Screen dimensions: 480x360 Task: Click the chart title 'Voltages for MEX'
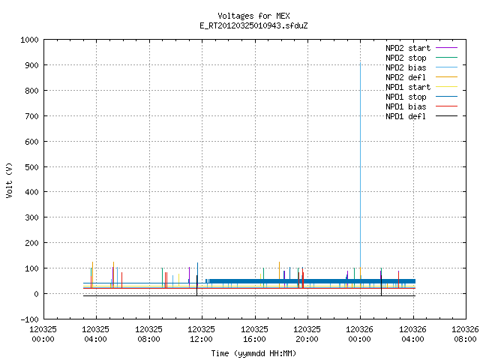tap(253, 16)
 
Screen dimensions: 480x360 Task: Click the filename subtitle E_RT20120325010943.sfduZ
tap(253, 25)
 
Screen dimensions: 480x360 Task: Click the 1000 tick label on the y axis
tap(29, 40)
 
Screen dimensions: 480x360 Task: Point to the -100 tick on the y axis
tap(29, 319)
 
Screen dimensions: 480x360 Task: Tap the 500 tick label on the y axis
tap(31, 167)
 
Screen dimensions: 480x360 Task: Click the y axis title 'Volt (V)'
tap(9, 181)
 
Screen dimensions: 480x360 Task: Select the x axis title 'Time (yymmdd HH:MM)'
tap(253, 353)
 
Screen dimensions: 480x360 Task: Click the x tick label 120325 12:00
tap(201, 334)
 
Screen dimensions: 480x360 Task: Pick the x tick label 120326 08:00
tap(465, 334)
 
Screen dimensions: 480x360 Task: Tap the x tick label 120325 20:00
tap(307, 334)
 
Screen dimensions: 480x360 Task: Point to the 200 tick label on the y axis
tap(31, 243)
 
